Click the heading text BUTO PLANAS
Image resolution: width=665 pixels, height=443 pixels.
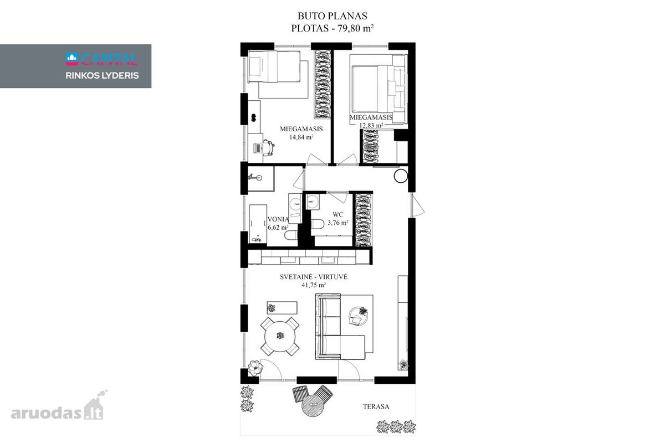332,16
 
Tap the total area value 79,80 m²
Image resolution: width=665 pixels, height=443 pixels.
355,28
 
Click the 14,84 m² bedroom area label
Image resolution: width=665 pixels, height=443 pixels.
301,137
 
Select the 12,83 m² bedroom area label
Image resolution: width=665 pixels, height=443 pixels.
371,125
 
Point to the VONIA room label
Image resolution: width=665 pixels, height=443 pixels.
278,219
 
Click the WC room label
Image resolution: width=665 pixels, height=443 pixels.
338,214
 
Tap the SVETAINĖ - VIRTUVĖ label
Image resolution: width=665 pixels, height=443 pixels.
314,276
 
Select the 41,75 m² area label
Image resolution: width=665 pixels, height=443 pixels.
314,285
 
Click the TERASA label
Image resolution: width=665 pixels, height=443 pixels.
376,406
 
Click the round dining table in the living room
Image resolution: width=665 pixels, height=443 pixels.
280,337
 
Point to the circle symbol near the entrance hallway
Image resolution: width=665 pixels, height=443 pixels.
401,176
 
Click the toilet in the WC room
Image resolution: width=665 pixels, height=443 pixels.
318,224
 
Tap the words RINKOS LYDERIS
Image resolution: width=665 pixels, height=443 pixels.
102,75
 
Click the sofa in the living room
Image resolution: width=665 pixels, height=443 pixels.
340,326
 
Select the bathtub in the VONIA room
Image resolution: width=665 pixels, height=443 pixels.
258,223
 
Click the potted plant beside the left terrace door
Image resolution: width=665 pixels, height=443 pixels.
255,368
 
